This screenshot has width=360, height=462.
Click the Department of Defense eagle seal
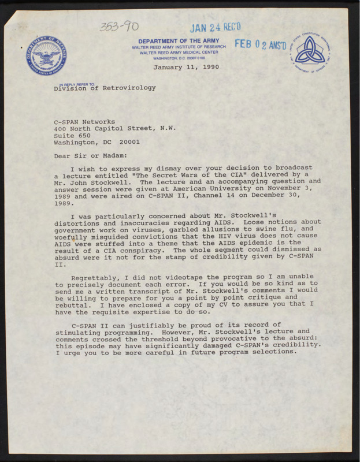(44, 55)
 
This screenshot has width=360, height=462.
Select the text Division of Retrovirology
(105, 88)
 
